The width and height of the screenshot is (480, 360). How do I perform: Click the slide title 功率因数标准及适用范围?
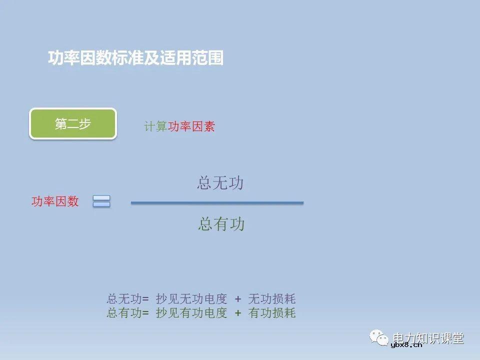(x=135, y=58)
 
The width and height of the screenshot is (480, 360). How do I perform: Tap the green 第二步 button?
(x=73, y=124)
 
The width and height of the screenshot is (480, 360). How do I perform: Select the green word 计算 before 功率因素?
(x=156, y=127)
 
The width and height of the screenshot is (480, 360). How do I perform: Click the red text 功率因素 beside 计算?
(x=191, y=127)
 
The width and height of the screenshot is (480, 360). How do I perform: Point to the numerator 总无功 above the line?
(x=220, y=183)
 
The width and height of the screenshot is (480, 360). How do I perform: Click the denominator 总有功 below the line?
(x=221, y=223)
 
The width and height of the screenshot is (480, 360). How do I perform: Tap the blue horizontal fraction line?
(x=217, y=202)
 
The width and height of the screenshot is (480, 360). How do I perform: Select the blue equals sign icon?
(x=101, y=201)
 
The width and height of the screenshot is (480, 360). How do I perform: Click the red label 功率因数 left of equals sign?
(x=55, y=201)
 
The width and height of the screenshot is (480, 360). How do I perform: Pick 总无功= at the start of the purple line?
(x=127, y=299)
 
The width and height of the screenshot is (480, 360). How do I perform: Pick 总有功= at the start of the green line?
(x=127, y=313)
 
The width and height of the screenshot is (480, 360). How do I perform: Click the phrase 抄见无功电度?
(x=191, y=299)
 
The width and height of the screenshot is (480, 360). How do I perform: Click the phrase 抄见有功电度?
(x=191, y=313)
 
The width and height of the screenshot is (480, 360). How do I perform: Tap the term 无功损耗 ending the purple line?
(x=272, y=299)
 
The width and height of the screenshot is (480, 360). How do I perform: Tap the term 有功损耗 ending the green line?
(x=272, y=313)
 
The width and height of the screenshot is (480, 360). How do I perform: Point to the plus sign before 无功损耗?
(x=238, y=299)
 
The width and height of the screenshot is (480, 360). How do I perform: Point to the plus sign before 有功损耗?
(x=238, y=313)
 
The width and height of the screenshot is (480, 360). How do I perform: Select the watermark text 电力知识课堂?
(x=429, y=337)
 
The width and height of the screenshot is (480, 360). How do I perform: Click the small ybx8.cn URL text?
(x=406, y=344)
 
